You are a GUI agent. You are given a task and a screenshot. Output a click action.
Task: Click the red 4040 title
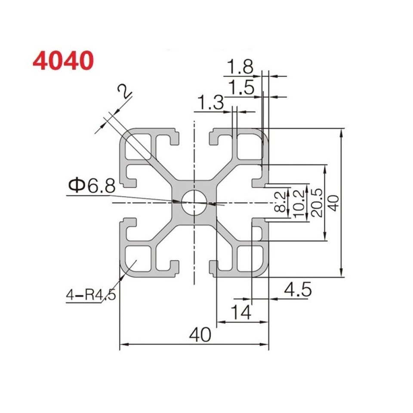coord(63,61)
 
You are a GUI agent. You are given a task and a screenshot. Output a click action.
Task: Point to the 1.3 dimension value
coord(210,103)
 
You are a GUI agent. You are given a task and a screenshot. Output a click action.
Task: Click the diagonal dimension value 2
coord(125,92)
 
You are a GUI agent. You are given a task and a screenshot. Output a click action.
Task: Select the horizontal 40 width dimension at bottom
coord(200,335)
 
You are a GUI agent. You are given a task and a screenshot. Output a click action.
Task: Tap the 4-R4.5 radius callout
coord(91,296)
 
